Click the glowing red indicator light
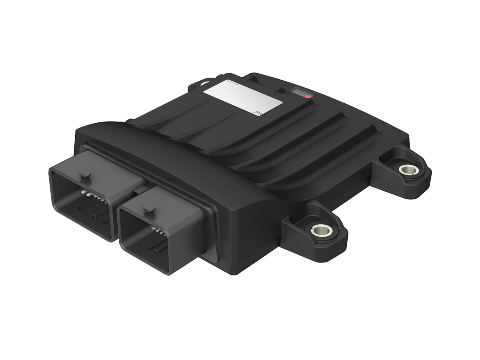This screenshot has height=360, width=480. click(x=308, y=96)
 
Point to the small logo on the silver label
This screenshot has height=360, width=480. click(x=256, y=112)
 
